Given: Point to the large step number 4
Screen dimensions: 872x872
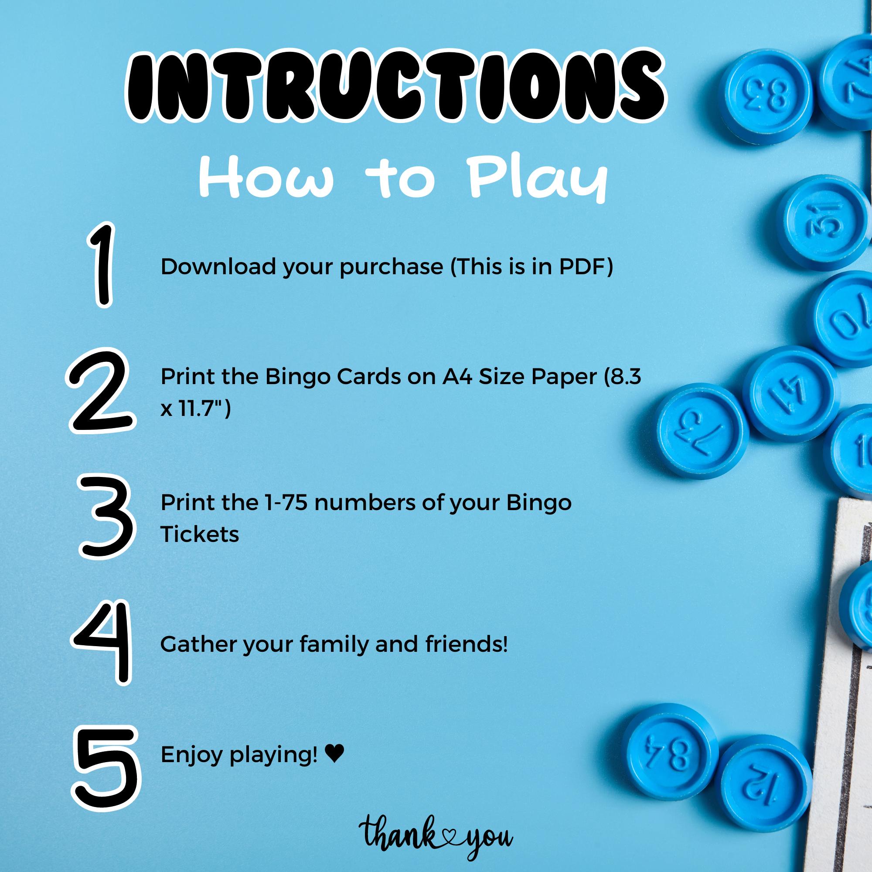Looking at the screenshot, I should point(102,644).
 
